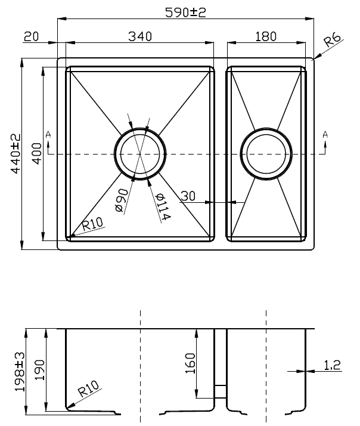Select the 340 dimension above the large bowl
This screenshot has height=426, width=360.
[140, 36]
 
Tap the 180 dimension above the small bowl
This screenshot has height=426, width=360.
[266, 36]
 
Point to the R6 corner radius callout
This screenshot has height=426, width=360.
[332, 41]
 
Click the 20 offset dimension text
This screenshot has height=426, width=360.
[31, 36]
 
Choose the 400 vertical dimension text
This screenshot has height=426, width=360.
[36, 153]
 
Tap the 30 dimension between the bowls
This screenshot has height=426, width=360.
[188, 196]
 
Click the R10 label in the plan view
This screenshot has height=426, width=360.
[92, 224]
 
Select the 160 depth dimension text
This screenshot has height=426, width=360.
[190, 363]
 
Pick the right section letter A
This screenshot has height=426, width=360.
[324, 135]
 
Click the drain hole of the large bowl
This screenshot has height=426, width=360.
[139, 153]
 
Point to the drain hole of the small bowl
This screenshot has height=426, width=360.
[266, 153]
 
